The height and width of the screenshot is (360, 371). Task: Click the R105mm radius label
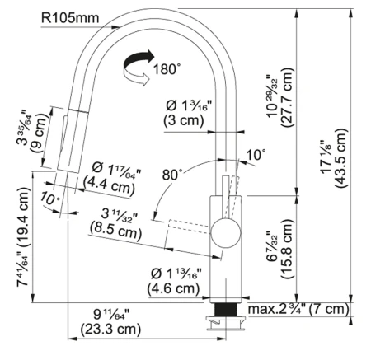click(70, 18)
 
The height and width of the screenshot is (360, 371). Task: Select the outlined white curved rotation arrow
click(137, 77)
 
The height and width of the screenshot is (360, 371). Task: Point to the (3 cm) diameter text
click(184, 120)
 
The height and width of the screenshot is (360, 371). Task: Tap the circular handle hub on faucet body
click(226, 233)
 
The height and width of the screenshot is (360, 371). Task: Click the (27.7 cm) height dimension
click(288, 97)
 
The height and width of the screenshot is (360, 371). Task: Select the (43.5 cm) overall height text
click(341, 158)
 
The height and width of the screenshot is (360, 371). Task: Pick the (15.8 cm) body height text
click(288, 249)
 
